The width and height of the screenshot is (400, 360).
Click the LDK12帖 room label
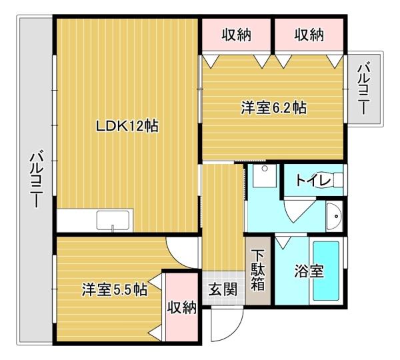(x=127, y=126)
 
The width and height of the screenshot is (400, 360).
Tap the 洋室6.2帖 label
(x=273, y=108)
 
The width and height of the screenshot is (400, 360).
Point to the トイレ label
(x=309, y=179)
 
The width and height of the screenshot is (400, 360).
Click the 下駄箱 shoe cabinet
(x=258, y=270)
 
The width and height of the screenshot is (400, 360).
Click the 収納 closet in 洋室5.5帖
(x=181, y=307)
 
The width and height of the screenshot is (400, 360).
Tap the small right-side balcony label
(x=365, y=89)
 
